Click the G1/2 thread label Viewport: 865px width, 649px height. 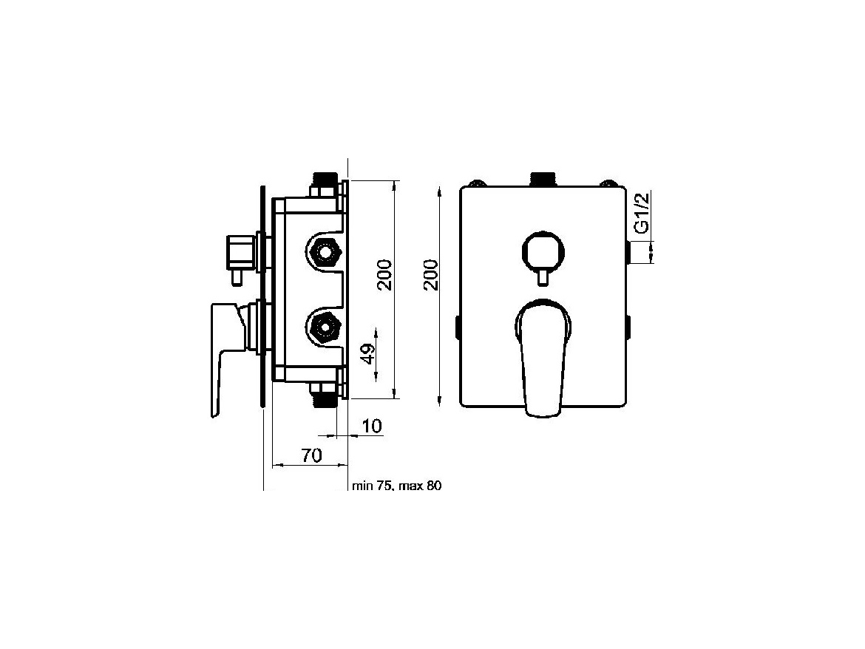pyautogui.click(x=640, y=213)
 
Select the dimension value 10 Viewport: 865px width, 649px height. pyautogui.click(x=373, y=427)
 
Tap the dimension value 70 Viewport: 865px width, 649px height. pyautogui.click(x=311, y=455)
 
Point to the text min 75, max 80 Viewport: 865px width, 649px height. pyautogui.click(x=396, y=486)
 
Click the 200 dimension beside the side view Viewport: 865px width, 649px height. pyautogui.click(x=384, y=274)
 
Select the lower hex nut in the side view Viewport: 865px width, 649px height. pyautogui.click(x=324, y=327)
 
